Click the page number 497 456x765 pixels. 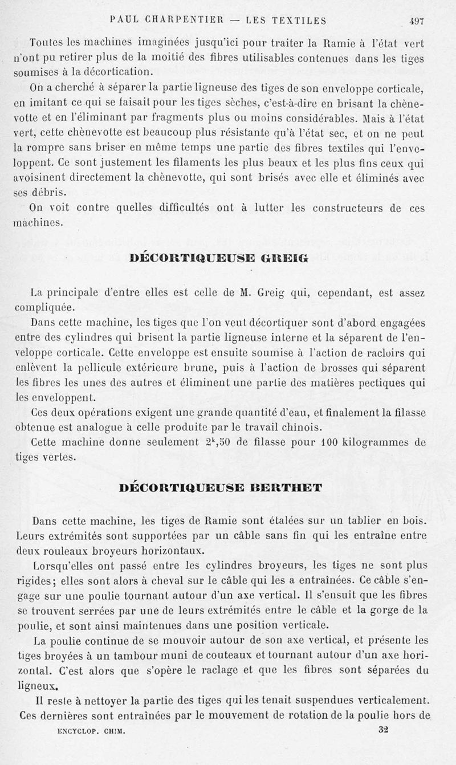click(416, 21)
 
